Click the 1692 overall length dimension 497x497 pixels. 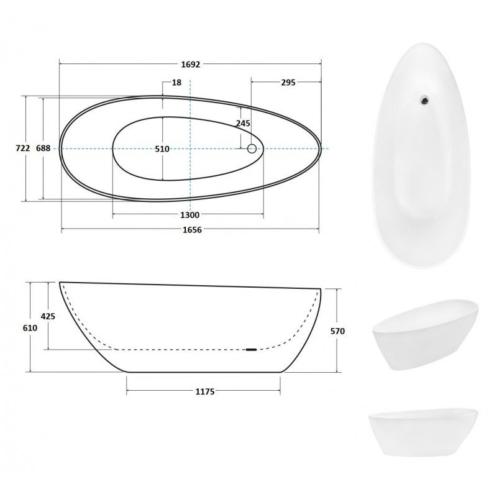coord(191,65)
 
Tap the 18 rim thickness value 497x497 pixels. coord(176,83)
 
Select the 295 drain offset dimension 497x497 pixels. coord(288,83)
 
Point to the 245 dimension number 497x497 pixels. coord(243,123)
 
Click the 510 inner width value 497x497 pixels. coord(162,148)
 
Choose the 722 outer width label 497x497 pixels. coord(23,148)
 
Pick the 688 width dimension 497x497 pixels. coord(43,148)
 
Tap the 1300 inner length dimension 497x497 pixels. coord(190,215)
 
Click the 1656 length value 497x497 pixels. coord(192,230)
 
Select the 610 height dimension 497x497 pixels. coord(30,328)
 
